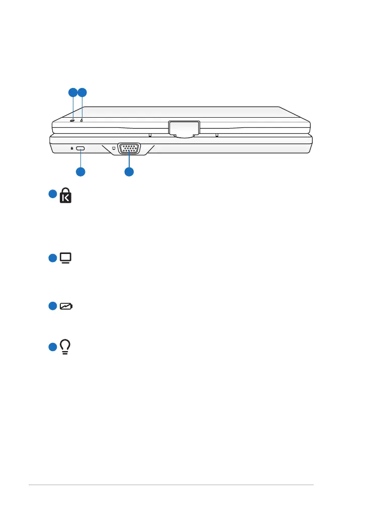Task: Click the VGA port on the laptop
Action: click(129, 149)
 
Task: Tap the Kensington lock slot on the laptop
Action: click(81, 149)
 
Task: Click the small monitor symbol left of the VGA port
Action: click(113, 148)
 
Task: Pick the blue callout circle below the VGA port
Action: click(129, 172)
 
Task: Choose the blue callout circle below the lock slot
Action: click(80, 172)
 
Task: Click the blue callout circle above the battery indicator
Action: click(73, 92)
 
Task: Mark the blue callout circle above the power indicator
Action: click(82, 92)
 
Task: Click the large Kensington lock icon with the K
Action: click(66, 195)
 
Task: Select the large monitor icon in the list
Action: click(65, 258)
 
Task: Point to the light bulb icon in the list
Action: click(66, 347)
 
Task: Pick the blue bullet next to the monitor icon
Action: click(53, 258)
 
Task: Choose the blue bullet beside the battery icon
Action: click(53, 306)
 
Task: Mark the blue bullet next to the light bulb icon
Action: click(53, 347)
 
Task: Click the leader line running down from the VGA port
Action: click(129, 161)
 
